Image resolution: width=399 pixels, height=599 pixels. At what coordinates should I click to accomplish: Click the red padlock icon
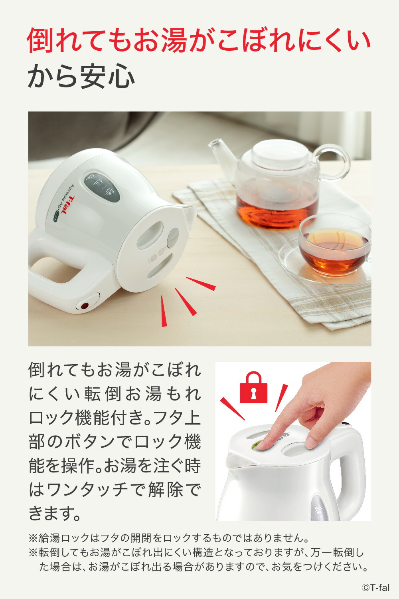pyautogui.click(x=253, y=387)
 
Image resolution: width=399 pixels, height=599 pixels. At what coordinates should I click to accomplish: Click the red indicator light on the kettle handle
pyautogui.click(x=85, y=305)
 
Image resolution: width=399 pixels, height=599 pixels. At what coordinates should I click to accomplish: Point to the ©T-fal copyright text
pyautogui.click(x=375, y=587)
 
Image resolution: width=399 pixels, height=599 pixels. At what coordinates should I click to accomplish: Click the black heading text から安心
pyautogui.click(x=81, y=77)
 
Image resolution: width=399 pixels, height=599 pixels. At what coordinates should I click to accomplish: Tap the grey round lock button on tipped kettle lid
pyautogui.click(x=173, y=238)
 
